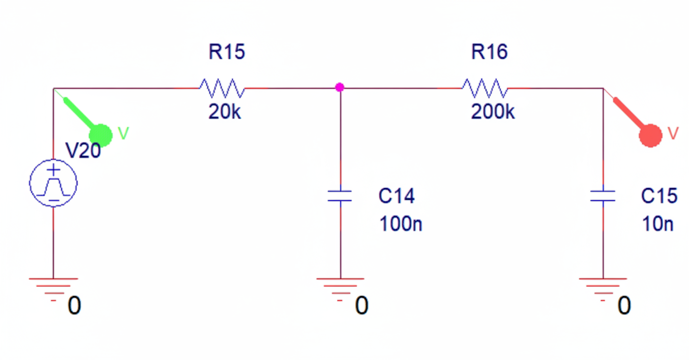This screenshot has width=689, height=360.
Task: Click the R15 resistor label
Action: [x=227, y=52]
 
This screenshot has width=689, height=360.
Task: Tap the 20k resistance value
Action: [x=225, y=112]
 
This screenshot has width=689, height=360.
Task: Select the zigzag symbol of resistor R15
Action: [x=222, y=89]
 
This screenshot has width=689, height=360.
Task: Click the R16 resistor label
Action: [x=489, y=52]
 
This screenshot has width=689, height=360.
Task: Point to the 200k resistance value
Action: [x=493, y=112]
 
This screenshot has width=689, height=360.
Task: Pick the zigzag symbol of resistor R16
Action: [x=484, y=89]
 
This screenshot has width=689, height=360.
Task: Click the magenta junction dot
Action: [x=340, y=88]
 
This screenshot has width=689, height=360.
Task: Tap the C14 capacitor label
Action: [x=396, y=196]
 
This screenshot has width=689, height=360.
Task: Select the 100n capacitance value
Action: [x=400, y=225]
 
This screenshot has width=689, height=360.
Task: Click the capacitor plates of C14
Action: [x=340, y=196]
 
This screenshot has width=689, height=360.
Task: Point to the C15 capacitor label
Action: [x=659, y=196]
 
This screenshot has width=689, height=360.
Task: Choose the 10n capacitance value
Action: [x=657, y=225]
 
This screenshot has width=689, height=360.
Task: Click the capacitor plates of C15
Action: [x=603, y=196]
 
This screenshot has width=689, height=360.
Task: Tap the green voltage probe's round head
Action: [x=101, y=135]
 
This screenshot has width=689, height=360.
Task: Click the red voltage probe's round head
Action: [x=651, y=135]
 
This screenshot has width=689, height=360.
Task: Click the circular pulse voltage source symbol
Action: [x=53, y=183]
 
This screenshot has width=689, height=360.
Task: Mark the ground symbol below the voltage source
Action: [x=53, y=286]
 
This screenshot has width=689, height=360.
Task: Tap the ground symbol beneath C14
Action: [x=340, y=286]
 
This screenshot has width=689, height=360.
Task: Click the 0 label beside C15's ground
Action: [x=624, y=306]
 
